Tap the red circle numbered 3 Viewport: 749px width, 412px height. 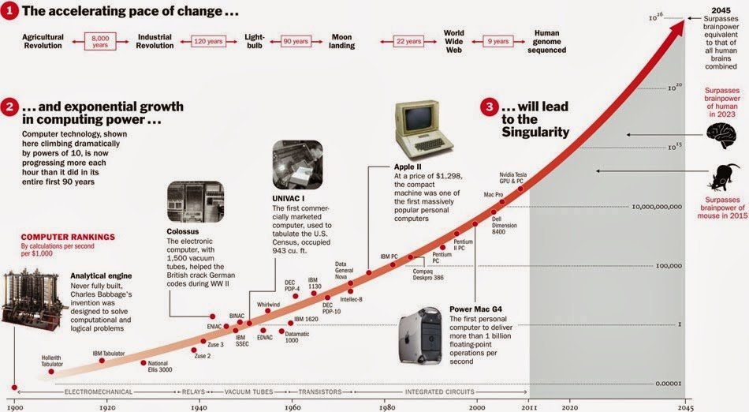[489, 109]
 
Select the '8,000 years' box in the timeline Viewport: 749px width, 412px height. [99, 40]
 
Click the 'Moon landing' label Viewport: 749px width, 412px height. [341, 41]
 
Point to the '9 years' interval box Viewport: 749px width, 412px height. [498, 40]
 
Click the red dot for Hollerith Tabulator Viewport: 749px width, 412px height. [51, 371]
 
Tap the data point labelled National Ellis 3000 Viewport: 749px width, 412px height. [143, 362]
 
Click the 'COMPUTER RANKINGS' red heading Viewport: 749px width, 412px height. [68, 237]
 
